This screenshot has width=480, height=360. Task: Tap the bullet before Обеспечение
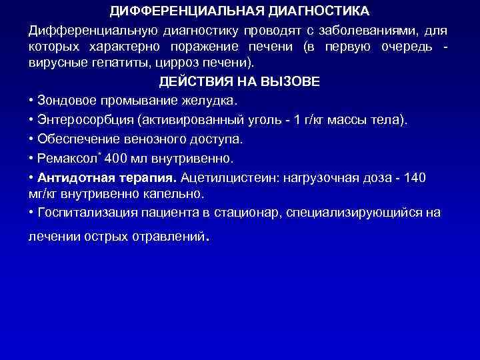point(32,139)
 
